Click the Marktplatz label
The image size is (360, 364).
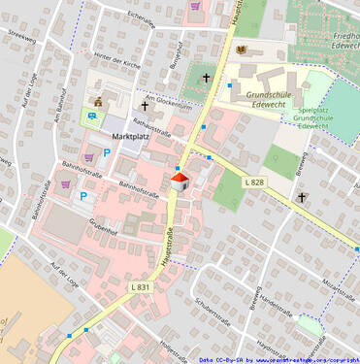(130, 137)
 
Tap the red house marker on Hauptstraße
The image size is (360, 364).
(179, 181)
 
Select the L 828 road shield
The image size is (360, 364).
(254, 182)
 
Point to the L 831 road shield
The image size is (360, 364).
(141, 286)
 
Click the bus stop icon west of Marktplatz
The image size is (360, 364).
(92, 116)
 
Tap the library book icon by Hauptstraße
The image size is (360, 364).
(241, 50)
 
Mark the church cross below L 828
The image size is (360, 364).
(302, 198)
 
